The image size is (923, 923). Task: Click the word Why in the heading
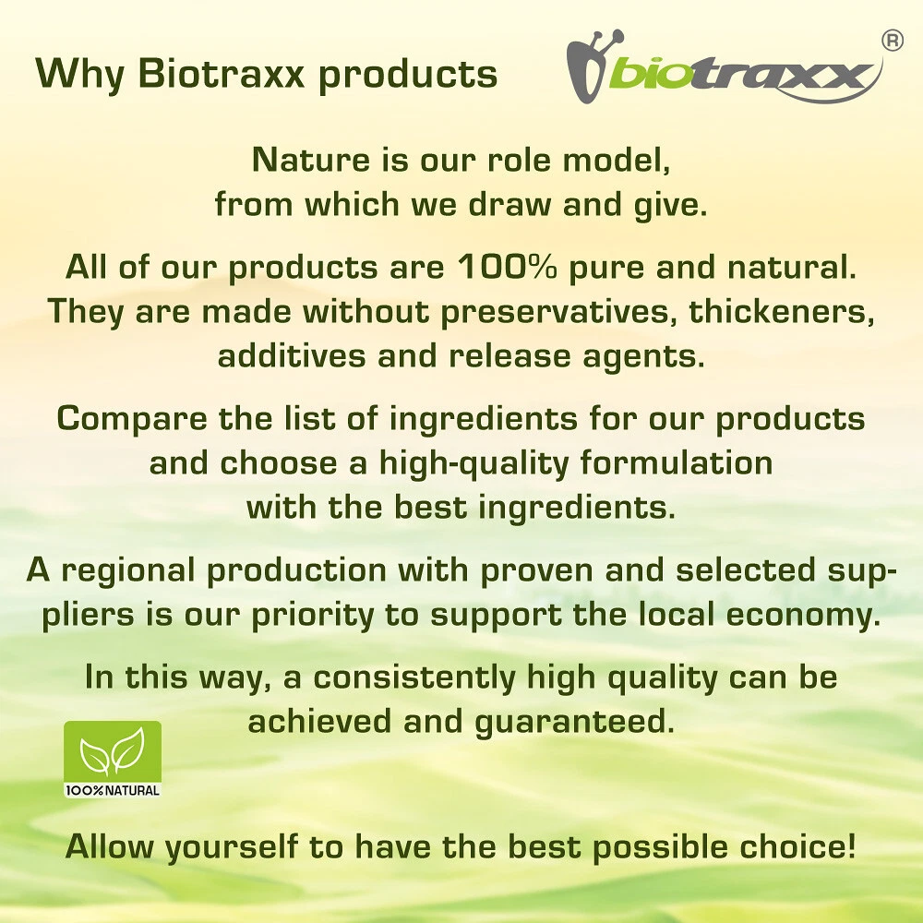pyautogui.click(x=79, y=75)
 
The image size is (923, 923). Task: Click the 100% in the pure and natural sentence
pyautogui.click(x=507, y=267)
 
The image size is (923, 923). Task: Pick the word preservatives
pyautogui.click(x=559, y=312)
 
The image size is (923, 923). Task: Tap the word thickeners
pyautogui.click(x=782, y=311)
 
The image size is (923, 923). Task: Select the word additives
pyautogui.click(x=292, y=355)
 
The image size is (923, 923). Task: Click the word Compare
pyautogui.click(x=132, y=420)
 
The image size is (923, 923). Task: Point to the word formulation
pyautogui.click(x=677, y=462)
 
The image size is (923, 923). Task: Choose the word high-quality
pyautogui.click(x=473, y=463)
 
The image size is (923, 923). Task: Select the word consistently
pyautogui.click(x=414, y=677)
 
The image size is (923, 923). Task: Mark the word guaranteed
pyautogui.click(x=574, y=723)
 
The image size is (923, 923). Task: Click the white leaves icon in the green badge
pyautogui.click(x=113, y=751)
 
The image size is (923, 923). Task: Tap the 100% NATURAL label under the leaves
pyautogui.click(x=113, y=790)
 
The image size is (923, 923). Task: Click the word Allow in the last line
pyautogui.click(x=111, y=846)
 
